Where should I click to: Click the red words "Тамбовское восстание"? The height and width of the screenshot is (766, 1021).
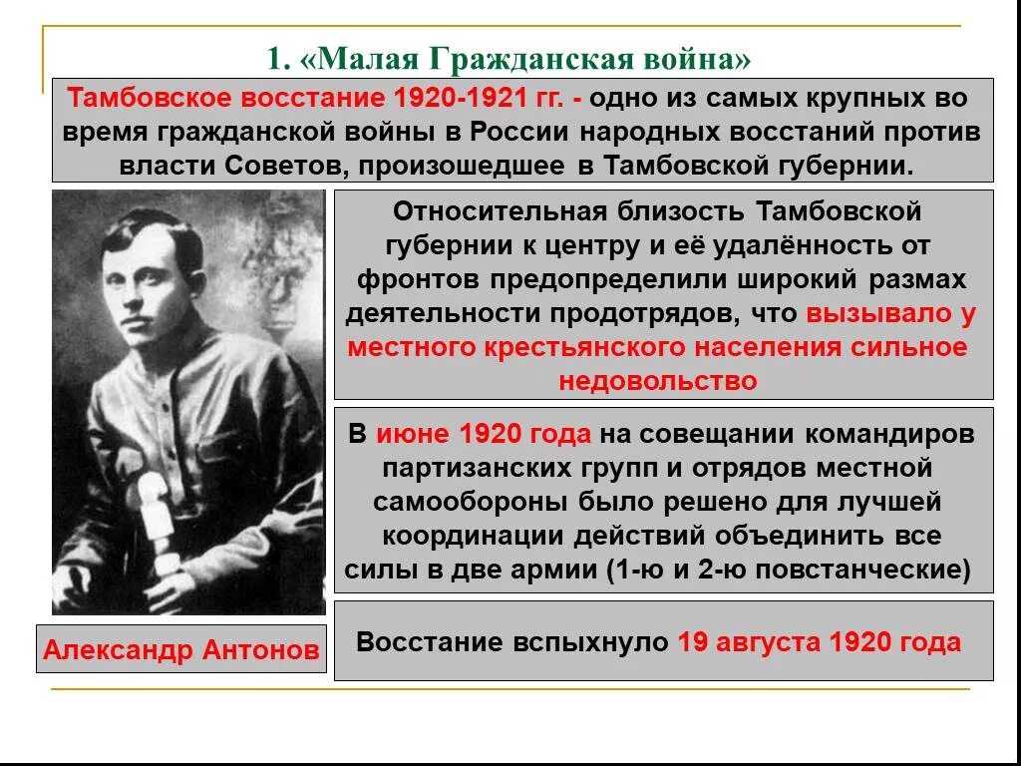(224, 100)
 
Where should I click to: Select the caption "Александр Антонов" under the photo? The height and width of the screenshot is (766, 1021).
(181, 650)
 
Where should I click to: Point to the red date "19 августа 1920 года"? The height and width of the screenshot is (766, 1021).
(819, 642)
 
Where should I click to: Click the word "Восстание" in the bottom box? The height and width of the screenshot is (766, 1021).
(418, 642)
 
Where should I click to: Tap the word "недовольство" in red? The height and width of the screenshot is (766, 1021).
(658, 381)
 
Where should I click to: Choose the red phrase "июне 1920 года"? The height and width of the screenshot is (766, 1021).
(483, 435)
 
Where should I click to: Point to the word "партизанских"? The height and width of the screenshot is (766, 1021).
(471, 468)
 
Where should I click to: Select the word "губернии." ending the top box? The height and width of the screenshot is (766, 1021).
(857, 165)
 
